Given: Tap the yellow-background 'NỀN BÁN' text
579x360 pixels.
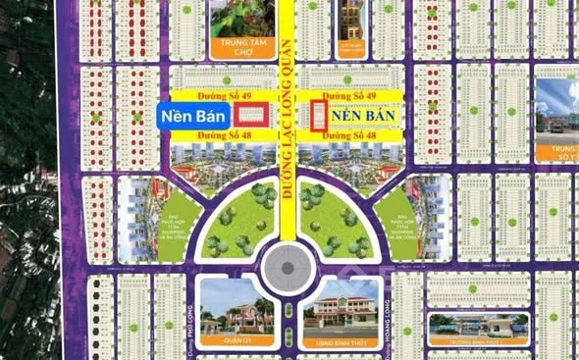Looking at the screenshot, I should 362,115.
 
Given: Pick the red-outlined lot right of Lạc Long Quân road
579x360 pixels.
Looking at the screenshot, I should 318,115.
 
